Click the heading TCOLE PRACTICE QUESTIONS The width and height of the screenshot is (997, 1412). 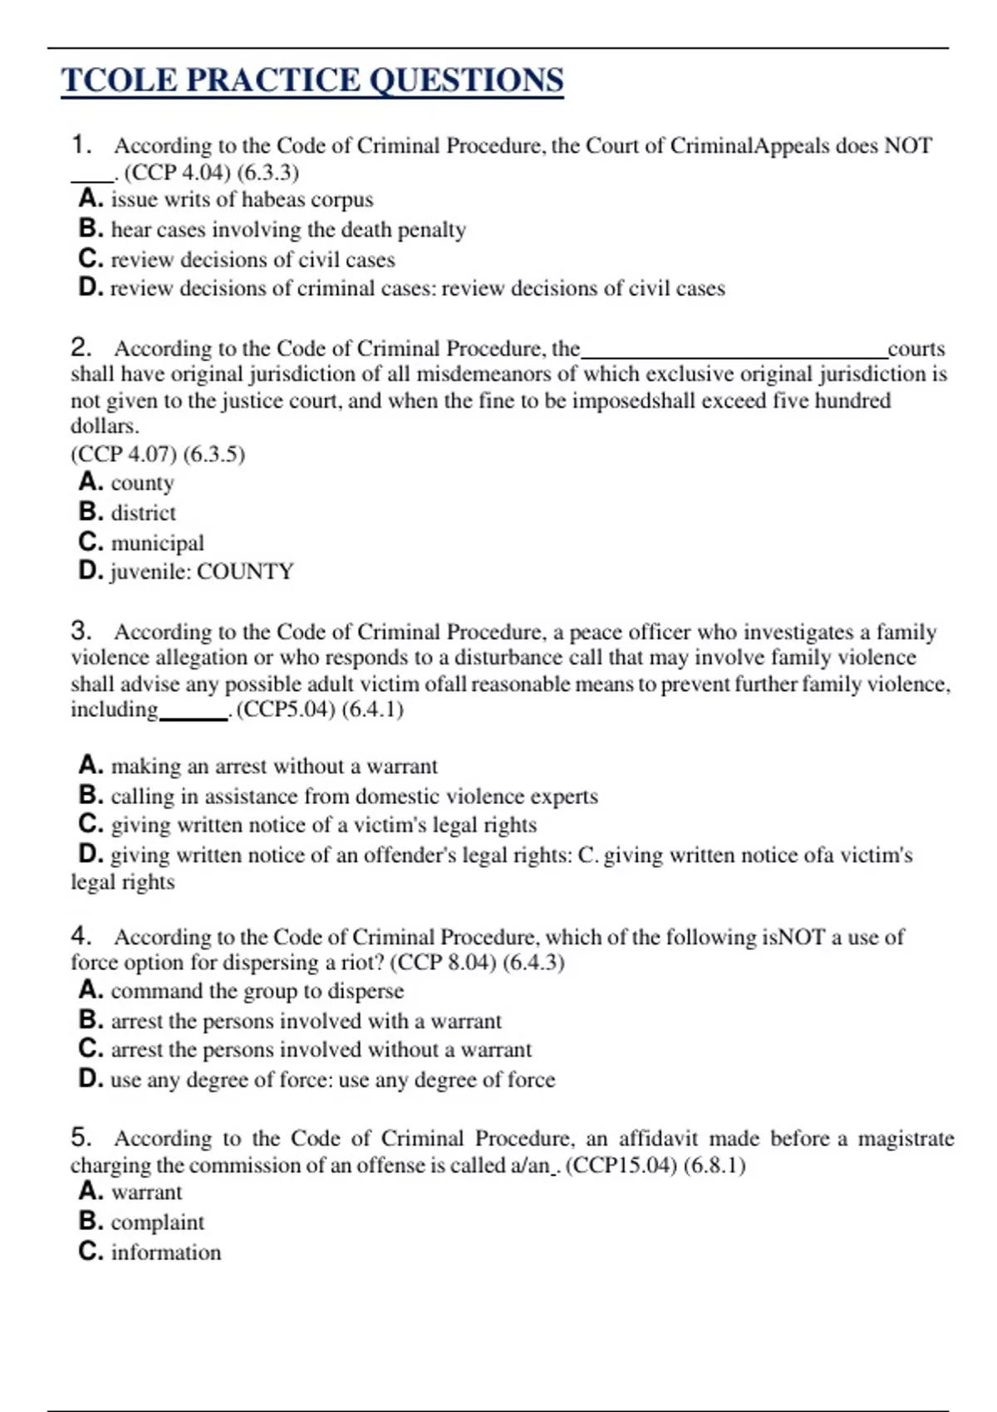[x=312, y=81]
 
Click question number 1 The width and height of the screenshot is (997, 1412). [x=81, y=145]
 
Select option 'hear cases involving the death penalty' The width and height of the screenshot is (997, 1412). [x=287, y=229]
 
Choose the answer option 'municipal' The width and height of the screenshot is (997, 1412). [x=157, y=543]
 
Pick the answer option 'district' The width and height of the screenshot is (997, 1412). [x=143, y=513]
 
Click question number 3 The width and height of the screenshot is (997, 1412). [x=81, y=631]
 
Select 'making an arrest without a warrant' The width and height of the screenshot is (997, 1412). [x=274, y=766]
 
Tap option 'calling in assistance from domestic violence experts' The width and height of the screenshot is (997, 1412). [x=354, y=797]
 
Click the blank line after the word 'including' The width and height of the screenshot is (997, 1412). [x=194, y=717]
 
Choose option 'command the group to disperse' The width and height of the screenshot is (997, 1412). [x=257, y=991]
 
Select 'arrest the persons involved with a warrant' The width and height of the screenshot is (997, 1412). [x=306, y=1021]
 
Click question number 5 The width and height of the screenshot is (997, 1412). [x=81, y=1138]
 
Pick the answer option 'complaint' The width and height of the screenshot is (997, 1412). [x=157, y=1223]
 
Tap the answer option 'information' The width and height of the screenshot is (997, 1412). [x=165, y=1253]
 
